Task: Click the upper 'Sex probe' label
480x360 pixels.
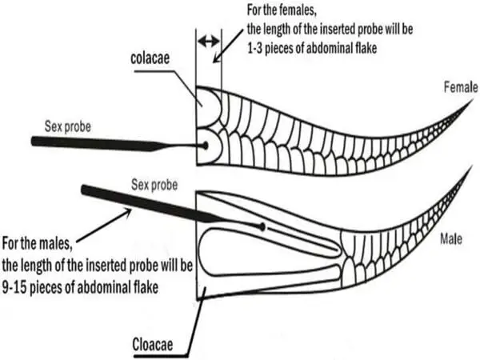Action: tap(70, 126)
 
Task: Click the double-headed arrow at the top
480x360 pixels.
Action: tap(208, 40)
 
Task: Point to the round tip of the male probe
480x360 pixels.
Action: tap(263, 227)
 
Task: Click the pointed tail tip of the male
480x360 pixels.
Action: tap(467, 172)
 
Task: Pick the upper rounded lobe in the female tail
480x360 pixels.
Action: tap(210, 105)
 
